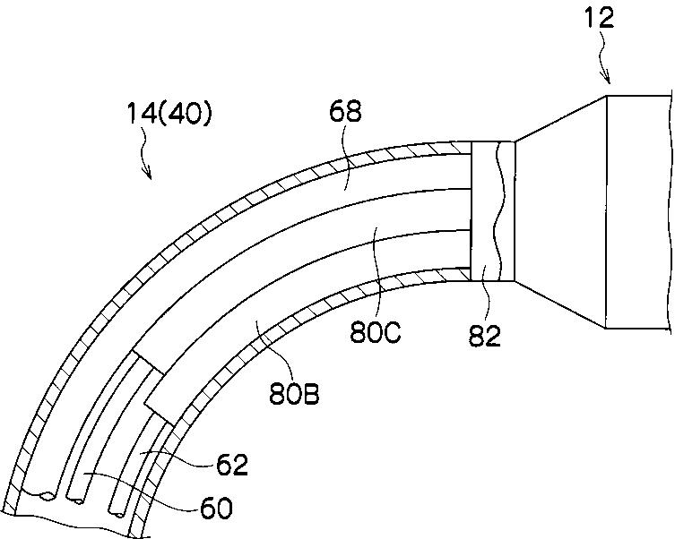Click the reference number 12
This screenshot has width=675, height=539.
click(x=599, y=19)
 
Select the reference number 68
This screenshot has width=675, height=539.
click(x=345, y=112)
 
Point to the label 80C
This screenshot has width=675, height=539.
click(x=376, y=332)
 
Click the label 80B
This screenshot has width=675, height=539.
click(x=294, y=394)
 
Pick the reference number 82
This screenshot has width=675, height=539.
click(x=485, y=336)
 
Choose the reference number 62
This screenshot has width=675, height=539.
click(x=232, y=465)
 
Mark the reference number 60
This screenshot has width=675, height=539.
click(x=216, y=509)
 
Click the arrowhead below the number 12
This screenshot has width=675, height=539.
click(x=608, y=80)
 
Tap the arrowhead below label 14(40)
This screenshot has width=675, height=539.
click(x=148, y=174)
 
